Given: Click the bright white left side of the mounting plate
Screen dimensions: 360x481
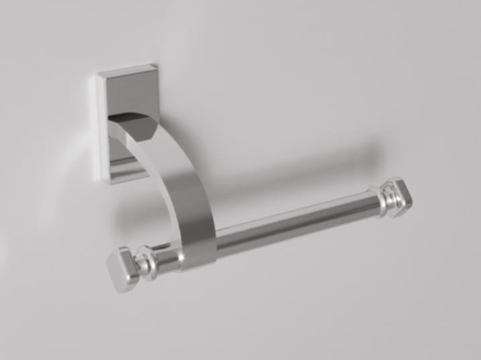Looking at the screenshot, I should [101, 127].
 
